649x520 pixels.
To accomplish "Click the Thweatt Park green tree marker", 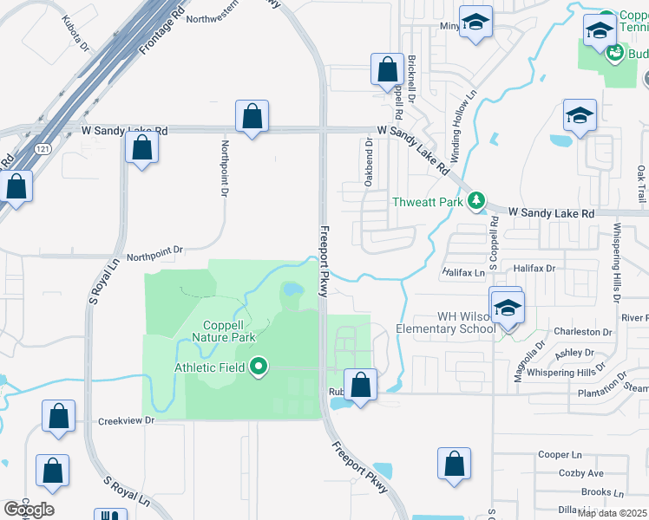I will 475,202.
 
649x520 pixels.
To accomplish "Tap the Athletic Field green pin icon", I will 258,367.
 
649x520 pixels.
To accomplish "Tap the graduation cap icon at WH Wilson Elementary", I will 508,307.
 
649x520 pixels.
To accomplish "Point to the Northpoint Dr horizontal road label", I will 155,250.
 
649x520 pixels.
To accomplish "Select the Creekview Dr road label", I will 126,420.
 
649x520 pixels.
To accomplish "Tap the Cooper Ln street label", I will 560,454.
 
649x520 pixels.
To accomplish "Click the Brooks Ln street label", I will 596,491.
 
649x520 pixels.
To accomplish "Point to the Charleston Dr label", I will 583,332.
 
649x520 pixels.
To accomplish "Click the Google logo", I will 29,510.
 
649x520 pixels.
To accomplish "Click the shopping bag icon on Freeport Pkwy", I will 359,385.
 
